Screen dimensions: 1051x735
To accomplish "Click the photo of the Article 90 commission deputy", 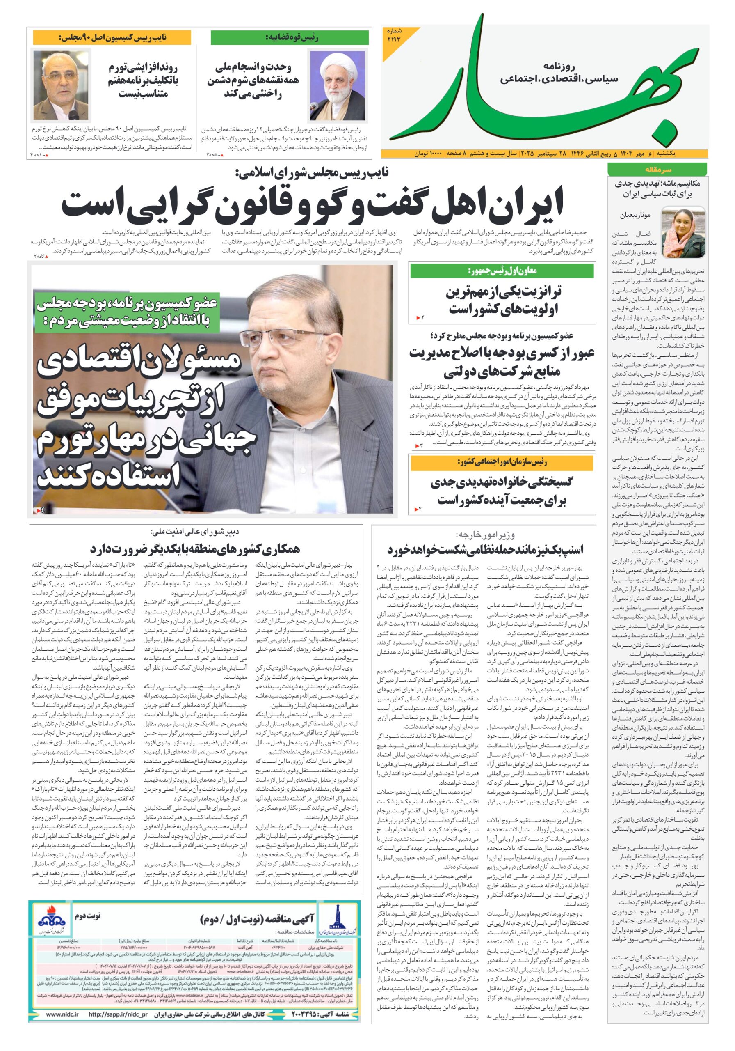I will [x=55, y=85].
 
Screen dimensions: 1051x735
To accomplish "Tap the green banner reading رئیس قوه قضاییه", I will [x=289, y=37].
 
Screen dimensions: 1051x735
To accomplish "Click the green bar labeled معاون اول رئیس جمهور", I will [x=502, y=271].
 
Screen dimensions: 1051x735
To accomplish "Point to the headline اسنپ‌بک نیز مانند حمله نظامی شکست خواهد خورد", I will [x=485, y=550].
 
